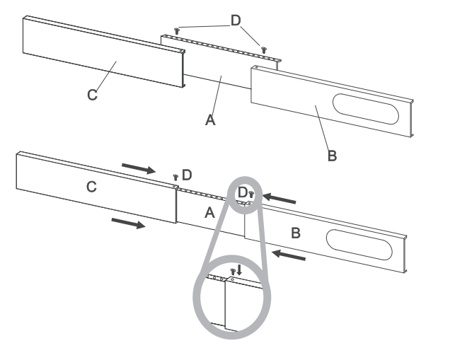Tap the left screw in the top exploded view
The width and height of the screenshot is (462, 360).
[177, 31]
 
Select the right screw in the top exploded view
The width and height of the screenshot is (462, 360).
[264, 50]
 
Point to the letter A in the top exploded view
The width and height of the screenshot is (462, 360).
[209, 120]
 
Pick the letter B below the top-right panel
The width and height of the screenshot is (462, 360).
[332, 156]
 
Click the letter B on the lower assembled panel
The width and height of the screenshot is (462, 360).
[297, 233]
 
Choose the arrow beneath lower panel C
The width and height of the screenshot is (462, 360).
[129, 223]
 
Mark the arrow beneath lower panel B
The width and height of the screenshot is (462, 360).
[290, 254]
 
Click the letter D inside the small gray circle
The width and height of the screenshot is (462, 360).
[242, 192]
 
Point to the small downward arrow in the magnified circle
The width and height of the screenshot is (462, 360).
[239, 270]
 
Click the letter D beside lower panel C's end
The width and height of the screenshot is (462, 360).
[187, 174]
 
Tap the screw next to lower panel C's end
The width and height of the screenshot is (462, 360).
[176, 177]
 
